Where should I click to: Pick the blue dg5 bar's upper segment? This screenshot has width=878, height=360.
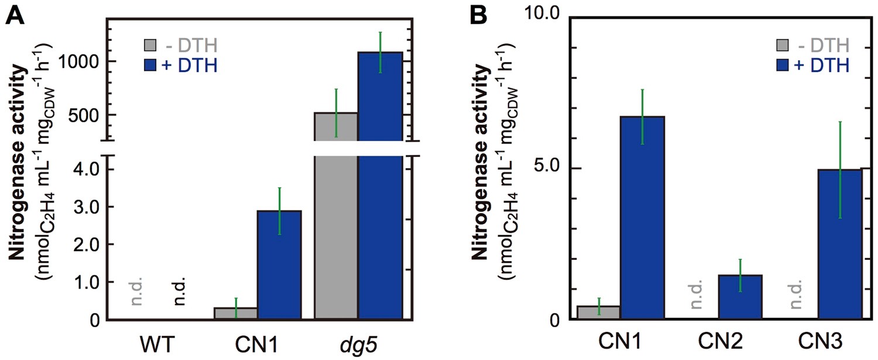[380, 96]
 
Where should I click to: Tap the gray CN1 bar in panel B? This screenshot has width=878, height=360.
[599, 313]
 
